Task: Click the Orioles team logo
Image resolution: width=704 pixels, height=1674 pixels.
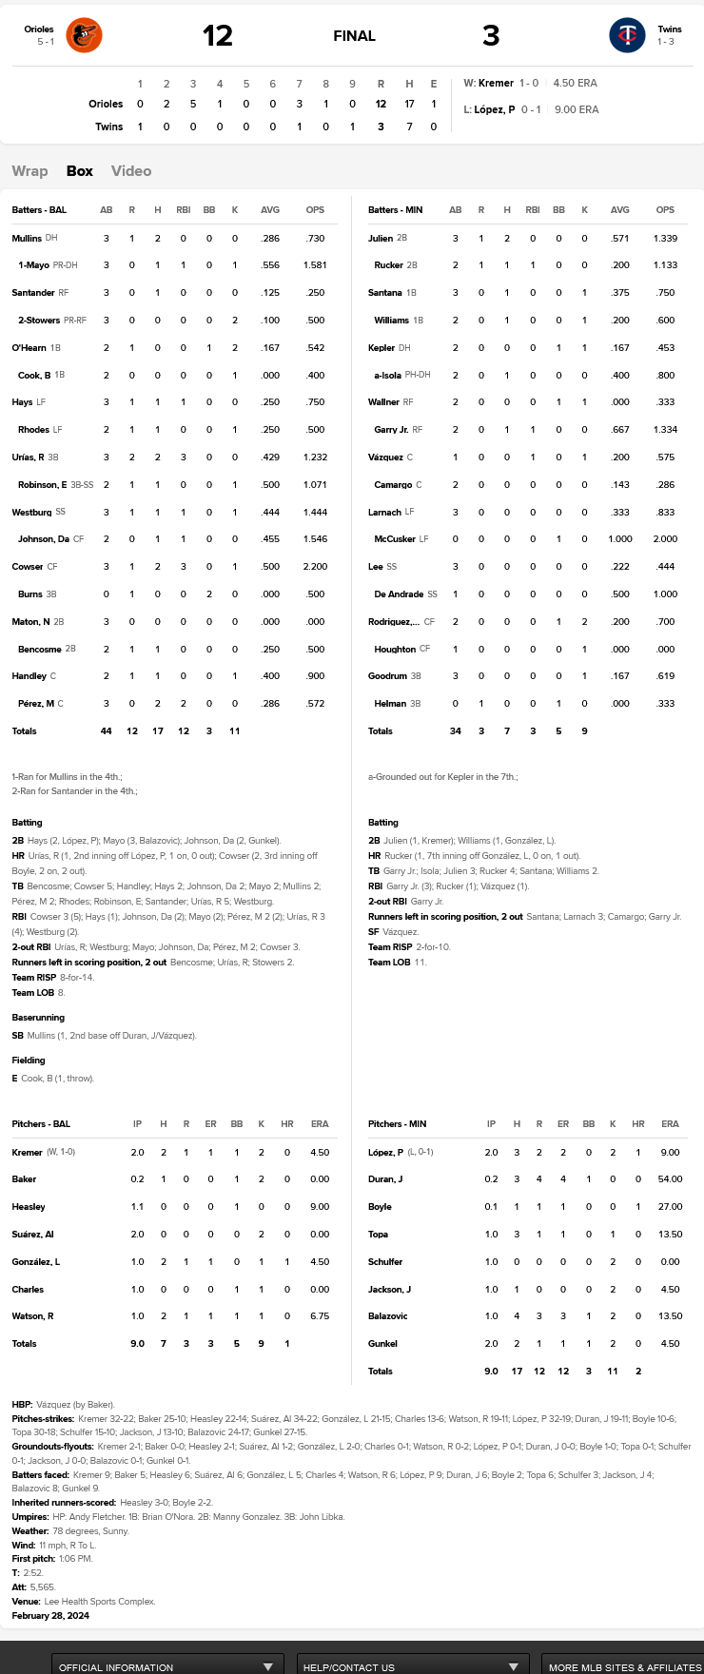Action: click(84, 36)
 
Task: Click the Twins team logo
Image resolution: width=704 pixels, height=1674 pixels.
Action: click(627, 36)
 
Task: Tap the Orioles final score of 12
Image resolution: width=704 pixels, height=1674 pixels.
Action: click(217, 36)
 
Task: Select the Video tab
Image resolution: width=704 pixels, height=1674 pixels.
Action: click(131, 171)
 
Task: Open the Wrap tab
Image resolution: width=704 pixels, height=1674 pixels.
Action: click(29, 171)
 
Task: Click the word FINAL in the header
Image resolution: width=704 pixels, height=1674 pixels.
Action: click(354, 36)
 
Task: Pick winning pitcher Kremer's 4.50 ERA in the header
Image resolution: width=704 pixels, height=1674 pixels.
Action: click(576, 83)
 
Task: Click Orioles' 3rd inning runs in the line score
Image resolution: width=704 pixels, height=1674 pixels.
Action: click(193, 104)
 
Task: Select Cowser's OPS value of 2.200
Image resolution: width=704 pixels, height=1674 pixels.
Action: click(315, 567)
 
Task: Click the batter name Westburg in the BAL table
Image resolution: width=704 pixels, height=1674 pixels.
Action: click(31, 513)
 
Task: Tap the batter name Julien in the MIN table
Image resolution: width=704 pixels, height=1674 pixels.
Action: click(381, 239)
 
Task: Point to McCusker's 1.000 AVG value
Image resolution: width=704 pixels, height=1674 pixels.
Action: click(620, 539)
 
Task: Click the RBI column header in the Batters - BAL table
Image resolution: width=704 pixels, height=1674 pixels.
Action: click(183, 210)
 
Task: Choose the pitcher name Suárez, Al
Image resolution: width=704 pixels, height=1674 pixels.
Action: click(33, 1235)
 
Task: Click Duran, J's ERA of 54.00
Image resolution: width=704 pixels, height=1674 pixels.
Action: click(670, 1179)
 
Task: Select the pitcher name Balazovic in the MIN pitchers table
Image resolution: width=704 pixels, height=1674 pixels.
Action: click(388, 1316)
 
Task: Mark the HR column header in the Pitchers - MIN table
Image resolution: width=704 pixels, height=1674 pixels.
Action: click(638, 1124)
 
